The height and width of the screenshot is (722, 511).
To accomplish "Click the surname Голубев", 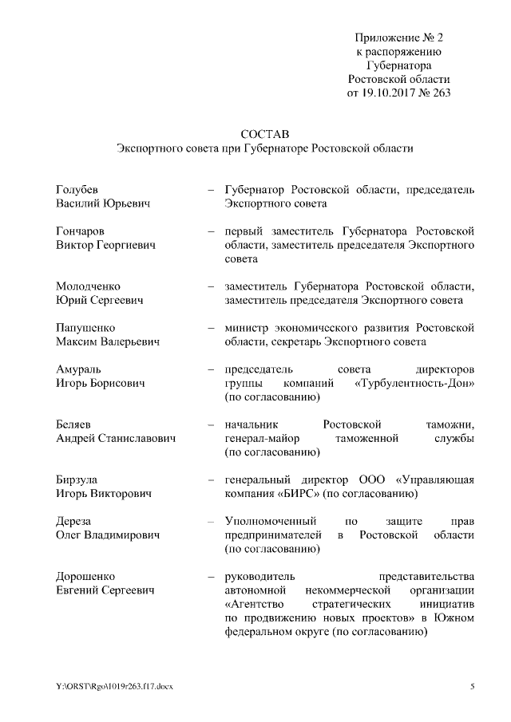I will tap(77, 190).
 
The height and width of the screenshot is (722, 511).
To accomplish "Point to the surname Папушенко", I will tap(85, 328).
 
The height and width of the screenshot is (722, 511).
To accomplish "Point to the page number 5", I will tap(473, 686).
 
